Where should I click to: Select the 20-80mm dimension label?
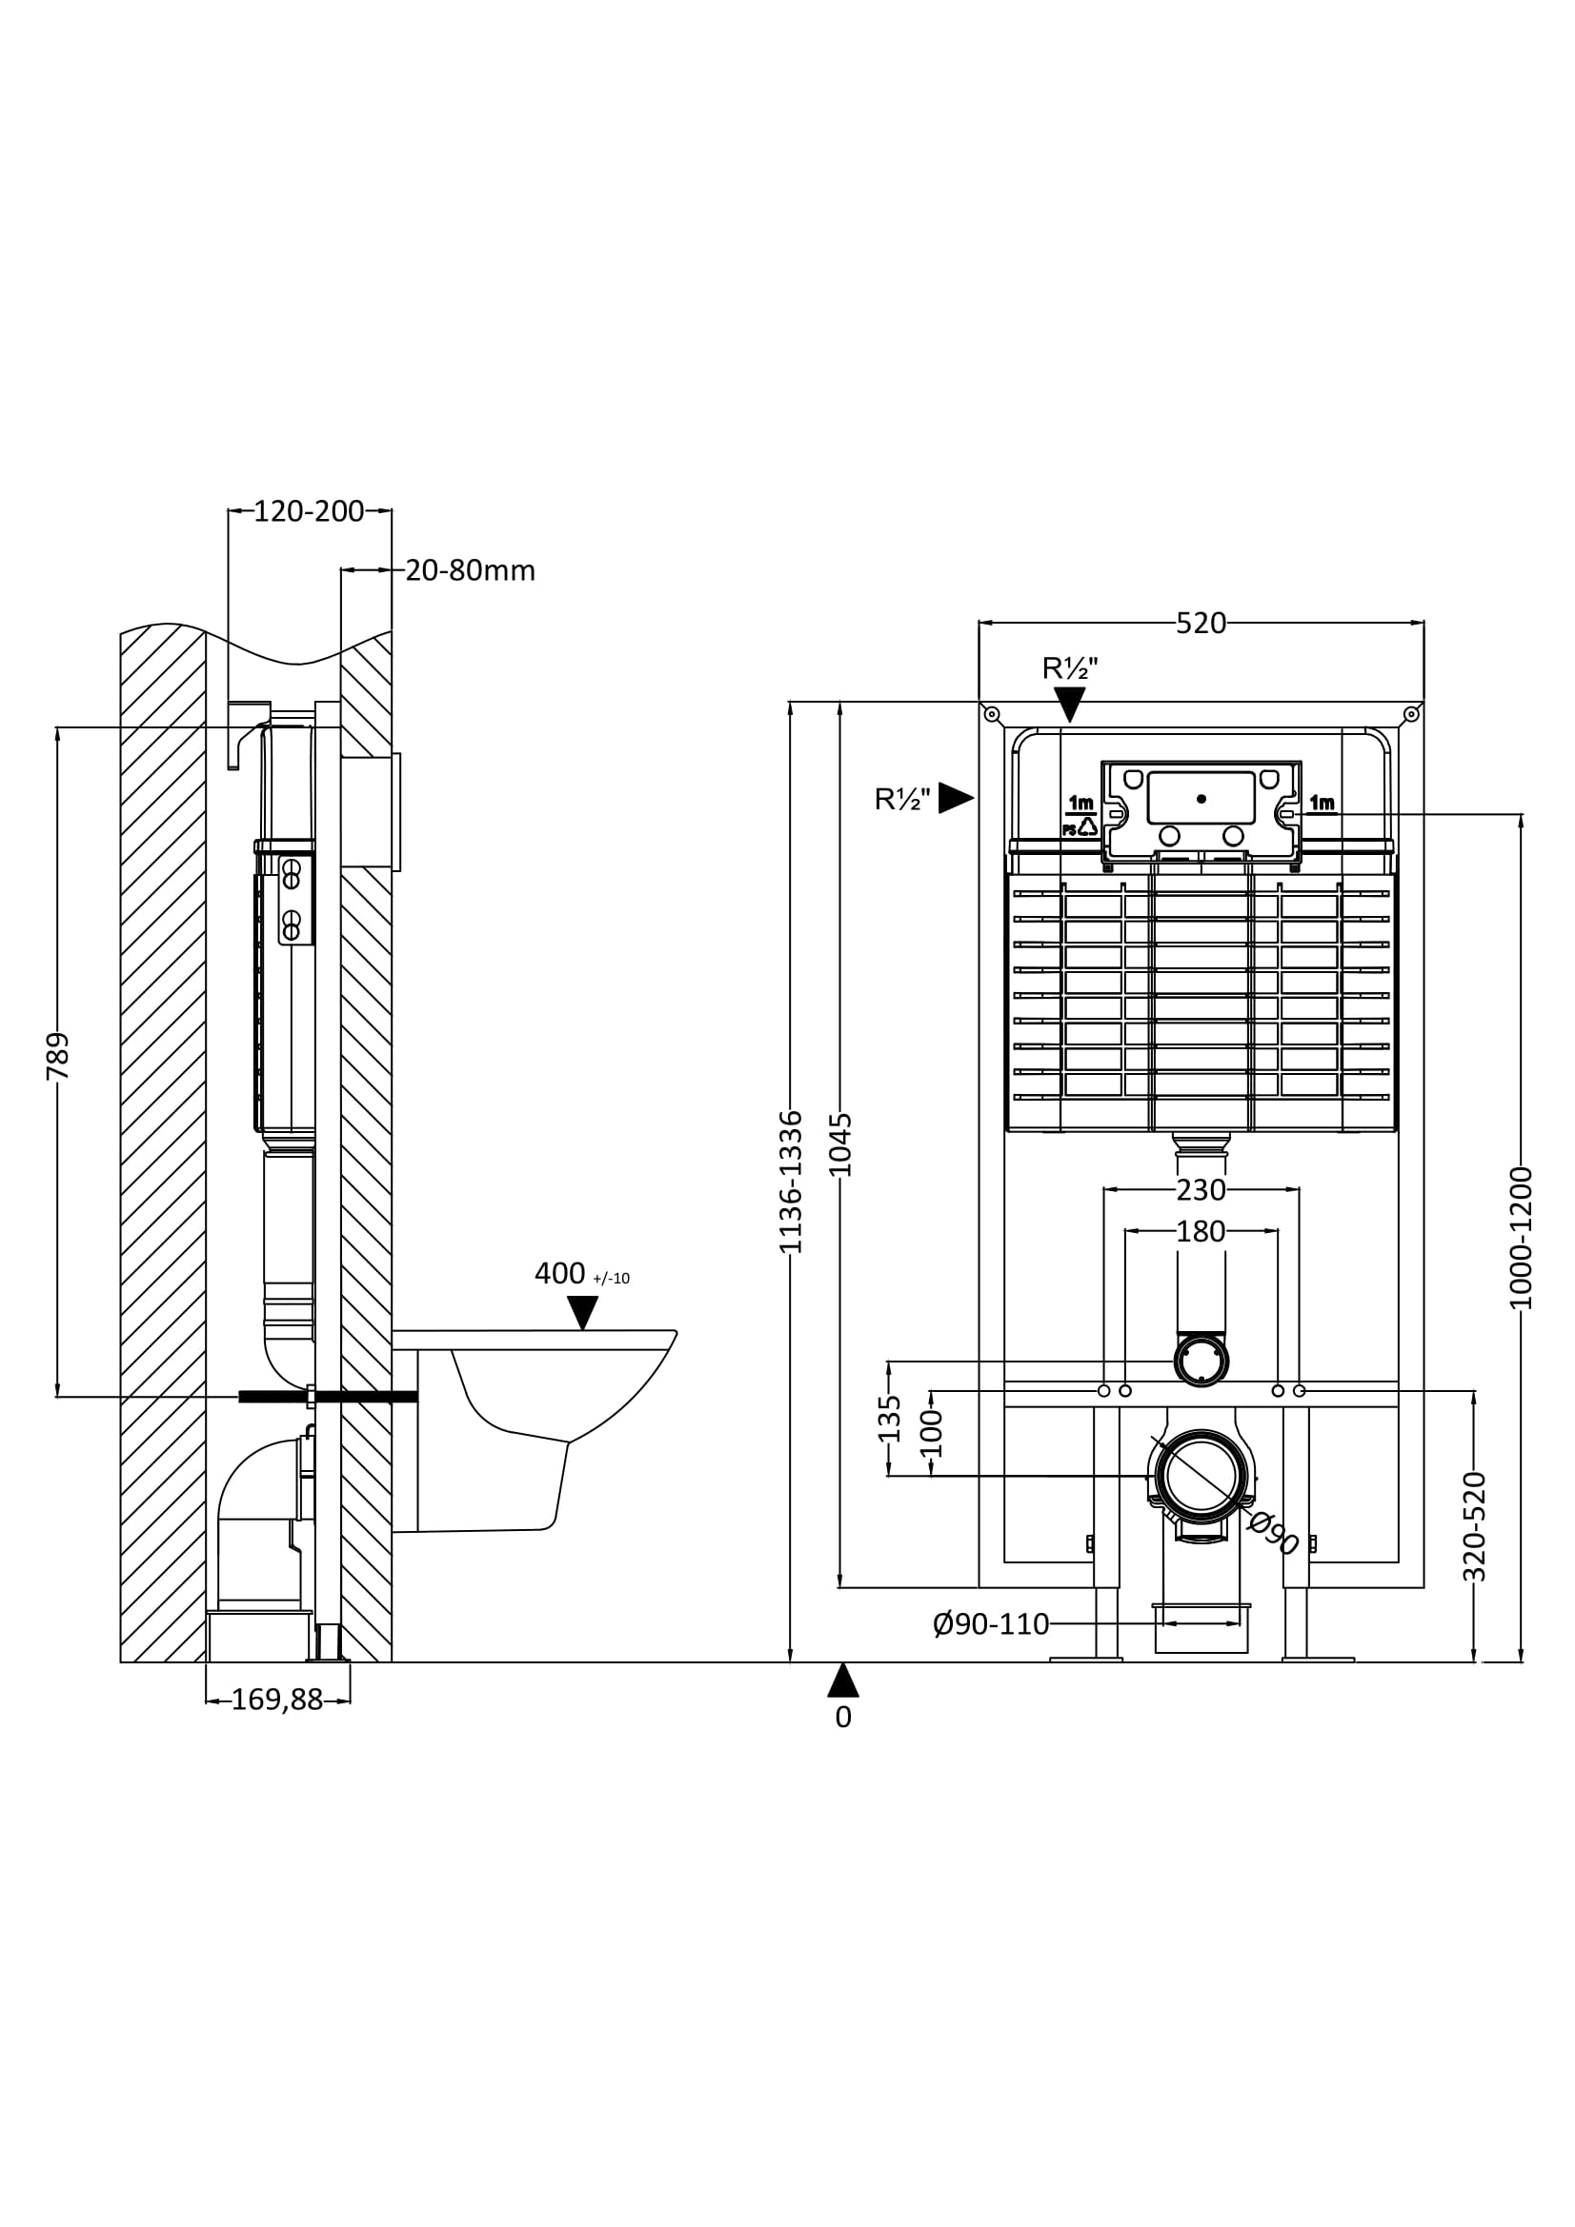[470, 570]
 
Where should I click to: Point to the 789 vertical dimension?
[58, 1056]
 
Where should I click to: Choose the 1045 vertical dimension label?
[841, 1144]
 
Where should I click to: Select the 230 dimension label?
[1201, 1189]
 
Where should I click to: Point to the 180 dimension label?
[1201, 1231]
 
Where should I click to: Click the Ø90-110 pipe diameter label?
[991, 1623]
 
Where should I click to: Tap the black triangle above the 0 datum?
[842, 1680]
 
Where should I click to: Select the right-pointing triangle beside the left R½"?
[955, 798]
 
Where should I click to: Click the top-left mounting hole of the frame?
[991, 715]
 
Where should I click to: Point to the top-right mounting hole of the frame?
[1411, 715]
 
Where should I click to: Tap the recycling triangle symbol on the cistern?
[1088, 826]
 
